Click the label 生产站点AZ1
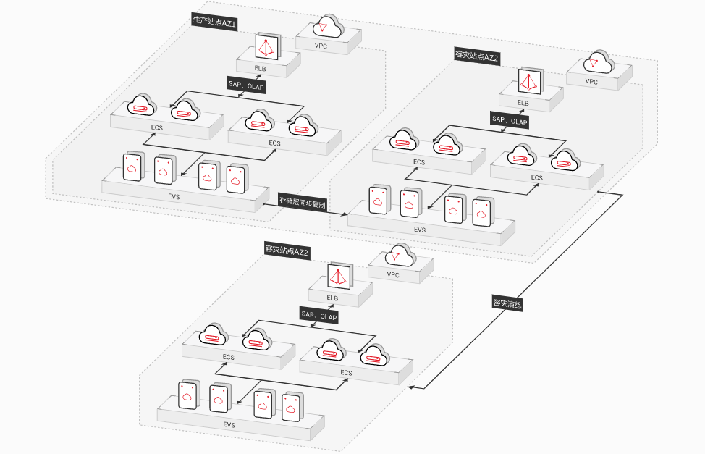[214, 22]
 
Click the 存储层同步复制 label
[302, 203]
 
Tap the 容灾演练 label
[507, 303]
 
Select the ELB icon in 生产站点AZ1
[268, 46]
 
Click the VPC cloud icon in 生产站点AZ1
[328, 27]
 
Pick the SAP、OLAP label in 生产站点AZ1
[246, 85]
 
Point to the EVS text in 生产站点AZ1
[174, 197]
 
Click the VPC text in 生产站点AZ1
[321, 46]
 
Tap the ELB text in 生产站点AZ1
[261, 69]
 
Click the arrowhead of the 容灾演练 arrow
[410, 387]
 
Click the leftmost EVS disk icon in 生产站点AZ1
[133, 167]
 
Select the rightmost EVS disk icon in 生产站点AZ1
[237, 179]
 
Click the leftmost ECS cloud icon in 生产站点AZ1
[142, 106]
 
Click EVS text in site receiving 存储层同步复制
[420, 230]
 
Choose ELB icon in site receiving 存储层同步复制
[531, 81]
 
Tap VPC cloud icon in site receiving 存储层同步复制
[599, 62]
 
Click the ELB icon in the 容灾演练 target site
[340, 276]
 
